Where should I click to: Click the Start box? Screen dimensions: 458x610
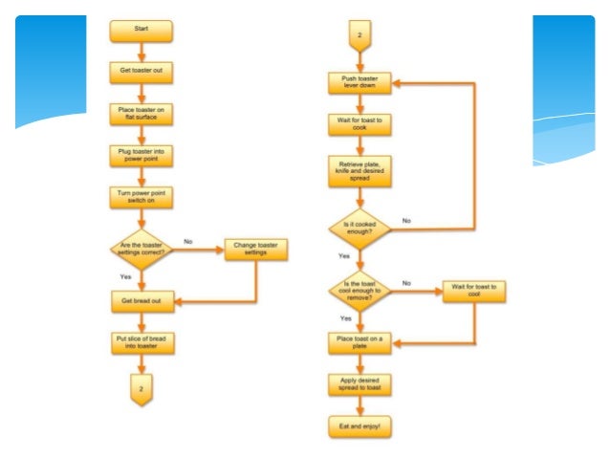tap(142, 32)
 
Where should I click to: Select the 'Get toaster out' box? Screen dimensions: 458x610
tap(142, 72)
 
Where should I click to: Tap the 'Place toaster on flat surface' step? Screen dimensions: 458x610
tap(142, 113)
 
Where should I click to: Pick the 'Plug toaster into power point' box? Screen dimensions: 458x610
tap(142, 155)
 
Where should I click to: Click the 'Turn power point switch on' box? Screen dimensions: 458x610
tap(142, 197)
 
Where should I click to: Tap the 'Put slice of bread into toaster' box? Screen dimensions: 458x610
tap(142, 343)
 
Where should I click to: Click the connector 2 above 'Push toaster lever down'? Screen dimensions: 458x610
tap(359, 37)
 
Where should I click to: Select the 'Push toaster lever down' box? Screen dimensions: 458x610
tap(359, 84)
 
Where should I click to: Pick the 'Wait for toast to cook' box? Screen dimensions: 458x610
tap(359, 125)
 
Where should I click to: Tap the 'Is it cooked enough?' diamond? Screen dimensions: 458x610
tap(359, 229)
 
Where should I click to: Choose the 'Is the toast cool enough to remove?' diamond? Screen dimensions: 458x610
tap(359, 291)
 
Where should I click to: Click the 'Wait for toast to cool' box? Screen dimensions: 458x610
tap(474, 291)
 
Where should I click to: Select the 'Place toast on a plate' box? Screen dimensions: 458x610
tap(359, 341)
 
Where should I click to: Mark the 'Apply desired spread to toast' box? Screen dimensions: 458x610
tap(359, 384)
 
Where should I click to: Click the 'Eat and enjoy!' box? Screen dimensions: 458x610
tap(359, 425)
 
